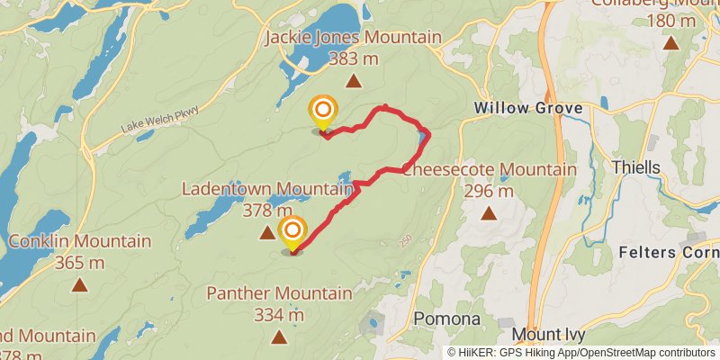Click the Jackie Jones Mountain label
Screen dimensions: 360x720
(x=354, y=38)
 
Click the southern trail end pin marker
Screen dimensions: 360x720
(x=292, y=233)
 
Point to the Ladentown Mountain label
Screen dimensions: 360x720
(x=267, y=189)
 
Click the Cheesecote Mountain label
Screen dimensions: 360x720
(x=490, y=169)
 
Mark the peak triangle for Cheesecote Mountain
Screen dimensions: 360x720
(x=489, y=213)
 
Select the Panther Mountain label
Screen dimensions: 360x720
(x=279, y=293)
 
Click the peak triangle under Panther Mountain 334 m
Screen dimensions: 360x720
(x=279, y=337)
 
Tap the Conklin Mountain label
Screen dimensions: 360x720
(x=79, y=241)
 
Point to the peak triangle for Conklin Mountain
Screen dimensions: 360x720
(x=79, y=285)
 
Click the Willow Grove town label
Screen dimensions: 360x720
(x=528, y=109)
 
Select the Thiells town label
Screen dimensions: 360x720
(x=635, y=167)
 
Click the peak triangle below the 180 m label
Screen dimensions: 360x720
(x=670, y=42)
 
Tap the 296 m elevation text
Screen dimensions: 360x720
(x=489, y=191)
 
